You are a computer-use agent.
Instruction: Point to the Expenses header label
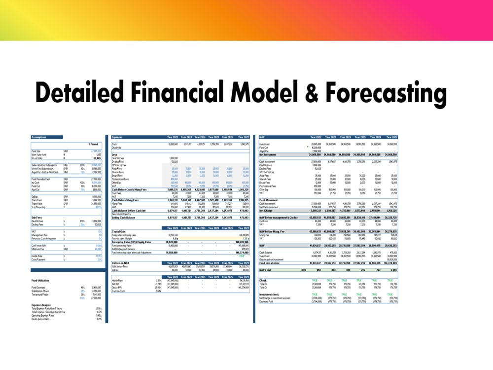(118, 137)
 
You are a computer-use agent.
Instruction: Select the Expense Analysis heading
(41, 304)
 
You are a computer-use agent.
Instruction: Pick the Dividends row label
(117, 147)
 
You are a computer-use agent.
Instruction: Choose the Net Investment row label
(268, 154)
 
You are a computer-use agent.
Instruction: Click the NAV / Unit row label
(266, 270)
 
